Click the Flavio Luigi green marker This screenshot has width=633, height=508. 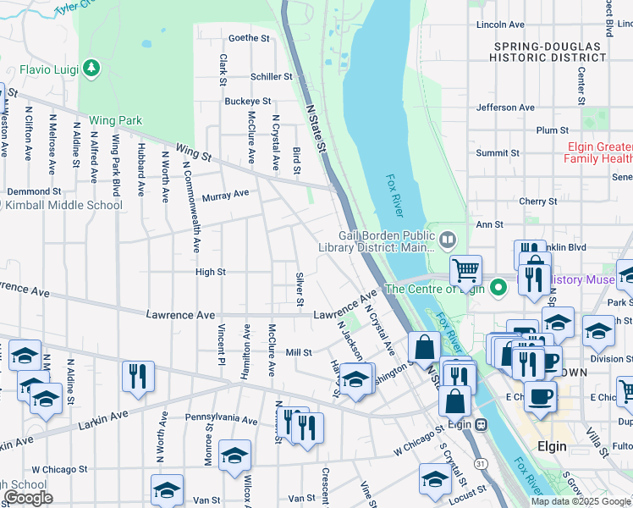coord(91,67)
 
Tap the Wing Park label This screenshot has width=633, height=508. coord(115,121)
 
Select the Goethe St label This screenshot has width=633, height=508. coord(249,38)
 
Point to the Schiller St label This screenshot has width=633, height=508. coord(272,76)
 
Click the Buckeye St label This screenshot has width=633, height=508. coord(247,102)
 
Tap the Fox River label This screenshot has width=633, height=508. coord(394,194)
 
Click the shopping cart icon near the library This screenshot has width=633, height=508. coord(465,271)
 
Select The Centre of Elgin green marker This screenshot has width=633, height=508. coord(499,288)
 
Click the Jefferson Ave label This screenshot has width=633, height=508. coord(505,108)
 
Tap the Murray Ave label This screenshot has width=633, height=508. coord(225,194)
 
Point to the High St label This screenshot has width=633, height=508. coord(210,272)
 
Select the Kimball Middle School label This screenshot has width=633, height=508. coord(65,205)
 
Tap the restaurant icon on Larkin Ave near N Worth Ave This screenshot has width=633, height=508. coord(137,376)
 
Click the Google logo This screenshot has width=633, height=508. coord(28,498)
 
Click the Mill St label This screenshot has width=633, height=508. coord(299,352)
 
